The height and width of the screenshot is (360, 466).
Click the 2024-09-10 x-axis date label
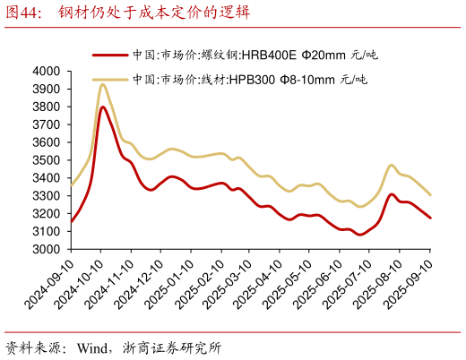52,285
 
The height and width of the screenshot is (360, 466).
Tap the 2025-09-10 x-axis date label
411,285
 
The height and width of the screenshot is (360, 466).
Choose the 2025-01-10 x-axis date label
172,285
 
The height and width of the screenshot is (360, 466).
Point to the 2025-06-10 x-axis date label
321,285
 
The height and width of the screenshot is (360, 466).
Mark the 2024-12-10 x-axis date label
142,285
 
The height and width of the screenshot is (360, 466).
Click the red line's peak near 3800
103,107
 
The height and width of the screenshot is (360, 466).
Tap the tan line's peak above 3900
103,84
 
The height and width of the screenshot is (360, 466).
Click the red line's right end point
430,218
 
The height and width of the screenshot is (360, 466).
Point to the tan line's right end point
430,194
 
